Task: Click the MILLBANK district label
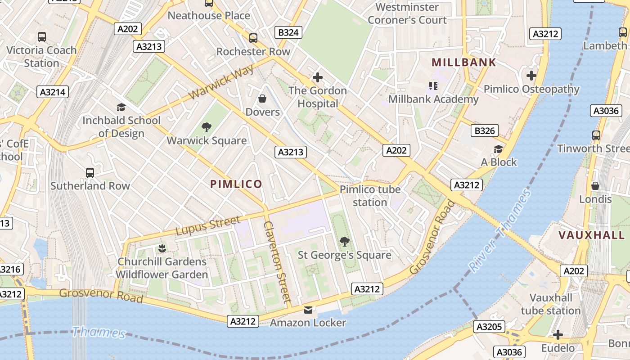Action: click(x=463, y=63)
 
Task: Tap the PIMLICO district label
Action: click(x=236, y=184)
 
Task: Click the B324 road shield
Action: click(x=288, y=32)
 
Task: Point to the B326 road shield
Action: click(x=485, y=131)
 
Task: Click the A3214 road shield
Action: click(x=53, y=92)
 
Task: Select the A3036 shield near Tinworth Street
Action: click(x=606, y=111)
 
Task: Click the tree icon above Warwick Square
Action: click(x=207, y=127)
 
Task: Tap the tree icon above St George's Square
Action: click(x=344, y=242)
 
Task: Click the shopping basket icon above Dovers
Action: click(x=262, y=98)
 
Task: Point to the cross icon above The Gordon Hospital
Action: click(x=318, y=77)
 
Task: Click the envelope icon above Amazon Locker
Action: click(x=308, y=310)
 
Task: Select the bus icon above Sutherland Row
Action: click(x=90, y=172)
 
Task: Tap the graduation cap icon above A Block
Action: click(x=498, y=149)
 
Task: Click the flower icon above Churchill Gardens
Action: click(x=162, y=248)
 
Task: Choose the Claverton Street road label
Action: click(x=278, y=261)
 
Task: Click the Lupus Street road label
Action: click(x=208, y=226)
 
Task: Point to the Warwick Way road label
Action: click(x=222, y=81)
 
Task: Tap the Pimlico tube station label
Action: click(x=370, y=196)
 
